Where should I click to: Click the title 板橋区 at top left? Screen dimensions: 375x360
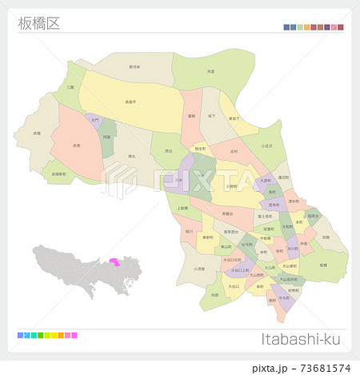pos(38,23)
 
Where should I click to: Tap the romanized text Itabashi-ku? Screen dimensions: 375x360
pos(302,338)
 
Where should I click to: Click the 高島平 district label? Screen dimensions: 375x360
pos(129,102)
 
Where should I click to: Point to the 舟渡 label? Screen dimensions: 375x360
pos(210,72)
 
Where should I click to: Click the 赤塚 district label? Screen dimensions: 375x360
pos(76,146)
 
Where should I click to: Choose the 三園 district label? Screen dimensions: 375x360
pos(70,86)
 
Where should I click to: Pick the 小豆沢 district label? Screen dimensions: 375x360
pos(266,146)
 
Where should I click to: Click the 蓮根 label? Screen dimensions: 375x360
pos(191,115)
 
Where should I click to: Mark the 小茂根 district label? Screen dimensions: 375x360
pos(198,269)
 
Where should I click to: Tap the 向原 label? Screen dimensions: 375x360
pos(214,295)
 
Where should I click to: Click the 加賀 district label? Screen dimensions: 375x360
pos(326,237)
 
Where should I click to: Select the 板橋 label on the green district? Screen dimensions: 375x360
pos(322,263)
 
